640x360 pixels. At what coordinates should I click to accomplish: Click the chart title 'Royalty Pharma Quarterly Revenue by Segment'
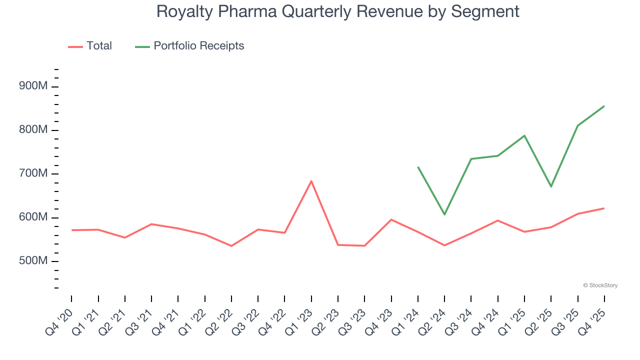tap(337, 11)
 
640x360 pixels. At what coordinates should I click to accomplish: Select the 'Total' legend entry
tap(99, 46)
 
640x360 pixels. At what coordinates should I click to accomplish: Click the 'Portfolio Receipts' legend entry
tap(198, 46)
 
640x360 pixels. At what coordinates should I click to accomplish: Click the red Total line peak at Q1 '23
tap(311, 181)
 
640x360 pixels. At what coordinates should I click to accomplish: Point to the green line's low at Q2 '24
tap(444, 214)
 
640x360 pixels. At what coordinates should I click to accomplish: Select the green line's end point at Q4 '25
tap(604, 106)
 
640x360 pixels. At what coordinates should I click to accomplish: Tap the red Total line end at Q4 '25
tap(604, 208)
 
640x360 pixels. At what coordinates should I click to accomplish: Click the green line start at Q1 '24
tap(418, 167)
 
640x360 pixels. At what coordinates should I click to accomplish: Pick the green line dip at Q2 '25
tap(551, 186)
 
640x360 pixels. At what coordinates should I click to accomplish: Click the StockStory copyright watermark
tap(600, 285)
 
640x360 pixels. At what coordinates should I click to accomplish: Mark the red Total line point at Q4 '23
tap(391, 219)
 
